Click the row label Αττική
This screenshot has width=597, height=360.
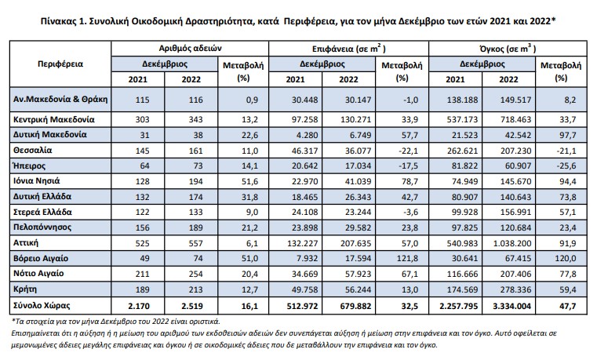point(26,243)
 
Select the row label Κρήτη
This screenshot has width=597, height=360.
point(25,289)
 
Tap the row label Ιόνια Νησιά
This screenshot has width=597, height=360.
point(37,180)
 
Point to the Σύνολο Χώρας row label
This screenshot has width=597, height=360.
point(42,305)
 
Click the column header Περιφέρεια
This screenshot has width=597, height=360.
point(60,64)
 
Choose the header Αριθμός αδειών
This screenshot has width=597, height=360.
point(190,49)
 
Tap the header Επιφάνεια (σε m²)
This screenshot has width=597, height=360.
point(349,49)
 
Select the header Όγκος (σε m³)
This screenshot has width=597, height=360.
point(508,49)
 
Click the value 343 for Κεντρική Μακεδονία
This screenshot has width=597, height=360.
point(195,119)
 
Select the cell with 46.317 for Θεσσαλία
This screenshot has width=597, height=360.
point(304,151)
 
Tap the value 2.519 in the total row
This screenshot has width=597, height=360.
point(192,306)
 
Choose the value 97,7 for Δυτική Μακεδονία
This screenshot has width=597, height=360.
point(568,135)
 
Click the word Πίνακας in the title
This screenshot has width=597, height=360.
point(57,21)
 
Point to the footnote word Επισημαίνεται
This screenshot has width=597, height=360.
point(36,334)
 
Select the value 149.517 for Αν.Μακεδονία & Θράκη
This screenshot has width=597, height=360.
point(515,100)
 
